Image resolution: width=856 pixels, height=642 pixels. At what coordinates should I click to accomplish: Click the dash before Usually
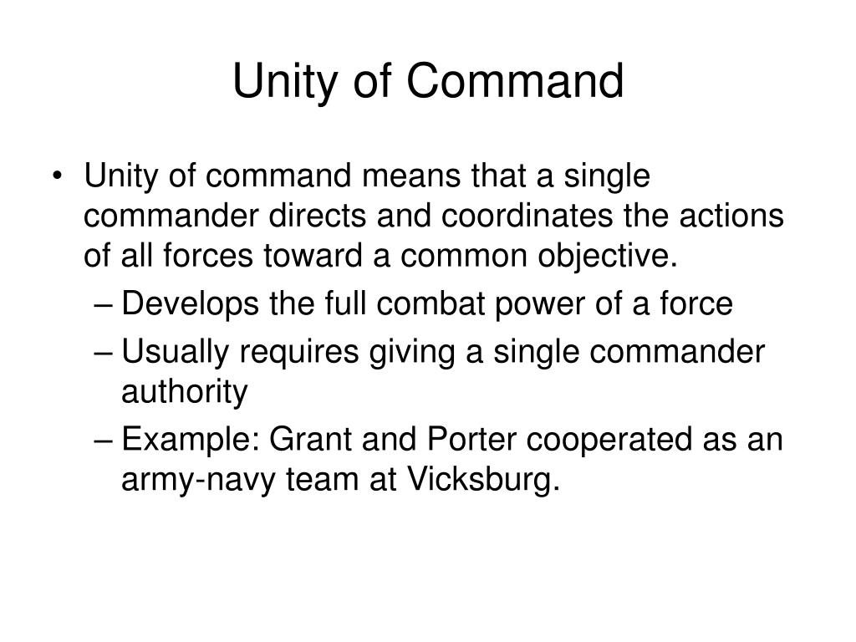coord(106,353)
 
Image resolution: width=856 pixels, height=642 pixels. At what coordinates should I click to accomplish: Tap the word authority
coord(185,392)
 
